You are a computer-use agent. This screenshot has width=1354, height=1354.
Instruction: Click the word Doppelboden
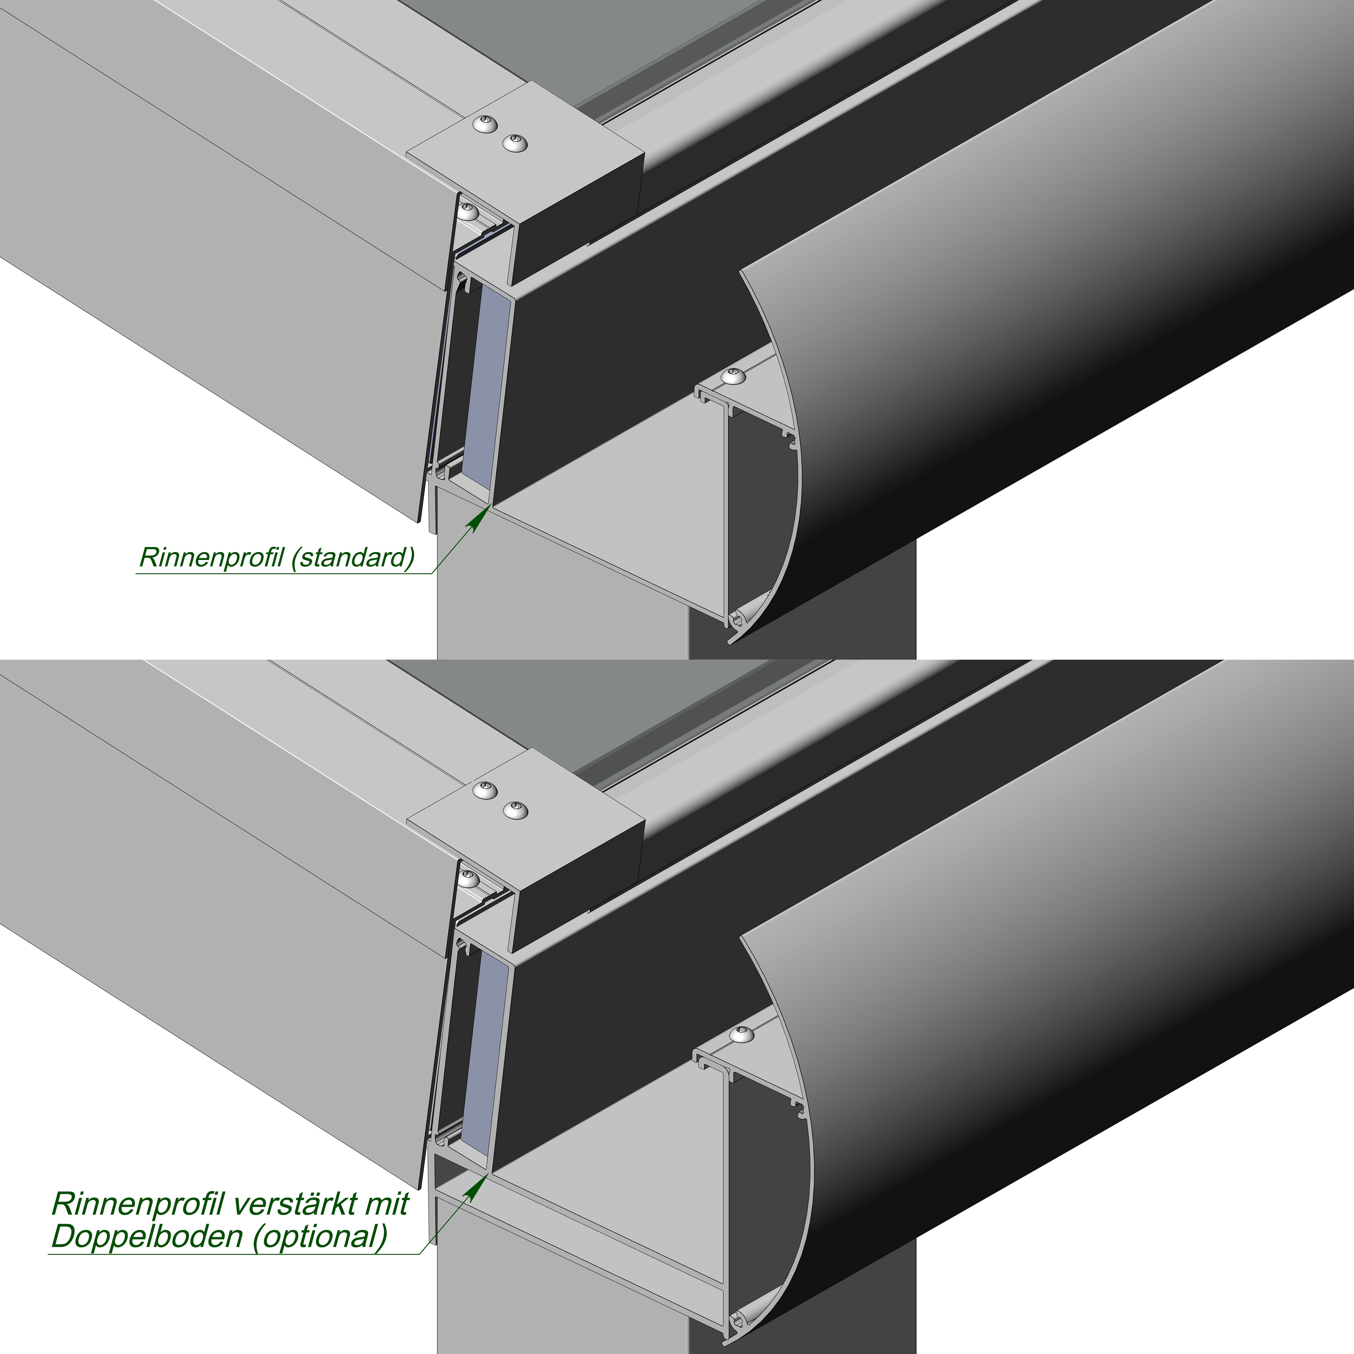click(147, 1237)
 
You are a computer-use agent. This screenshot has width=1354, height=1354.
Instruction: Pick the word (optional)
click(320, 1237)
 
